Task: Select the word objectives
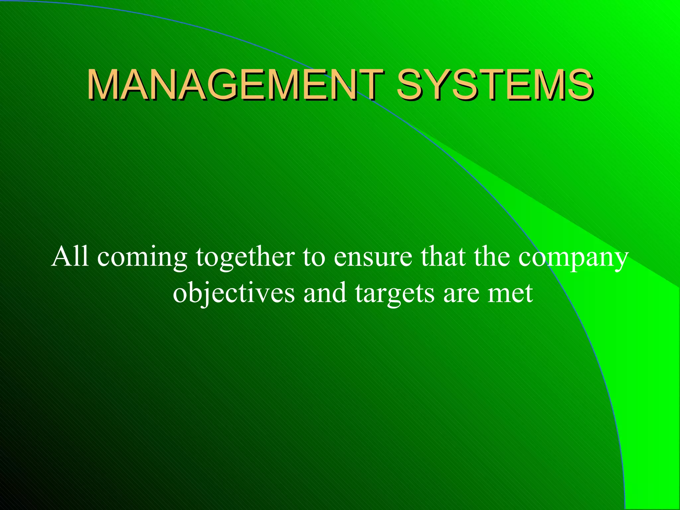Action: [234, 294]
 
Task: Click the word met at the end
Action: [510, 294]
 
